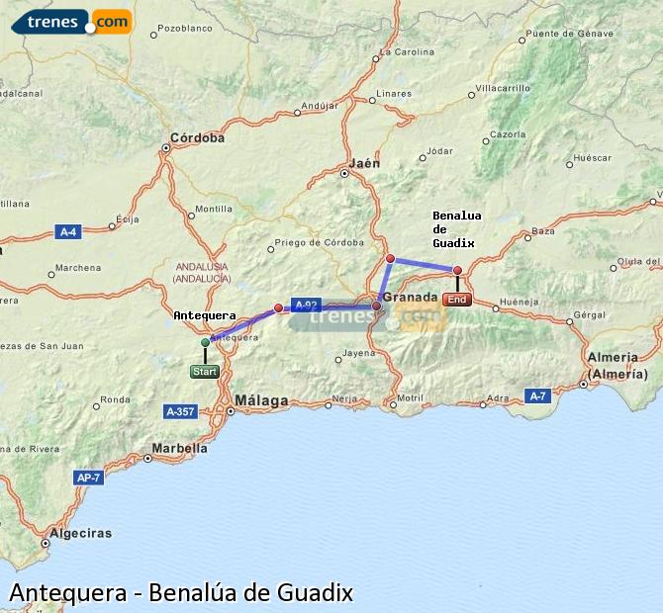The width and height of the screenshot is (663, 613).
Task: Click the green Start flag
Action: [204, 372]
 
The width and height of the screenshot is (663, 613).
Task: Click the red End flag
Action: [457, 300]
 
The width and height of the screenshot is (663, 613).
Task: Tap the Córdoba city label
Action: [197, 137]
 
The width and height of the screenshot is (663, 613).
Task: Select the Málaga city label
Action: [261, 400]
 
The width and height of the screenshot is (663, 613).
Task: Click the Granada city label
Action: [410, 297]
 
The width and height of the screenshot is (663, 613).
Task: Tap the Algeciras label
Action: [80, 533]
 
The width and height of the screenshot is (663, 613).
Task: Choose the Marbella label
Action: [179, 447]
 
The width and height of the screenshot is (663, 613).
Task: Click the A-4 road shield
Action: [67, 232]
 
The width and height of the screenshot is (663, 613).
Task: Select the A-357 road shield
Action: [180, 410]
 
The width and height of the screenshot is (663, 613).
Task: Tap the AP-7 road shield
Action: [87, 478]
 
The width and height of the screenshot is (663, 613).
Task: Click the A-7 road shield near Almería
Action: [536, 395]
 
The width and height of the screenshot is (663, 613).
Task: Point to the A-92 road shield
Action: [304, 306]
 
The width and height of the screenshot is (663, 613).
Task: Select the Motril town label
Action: [409, 398]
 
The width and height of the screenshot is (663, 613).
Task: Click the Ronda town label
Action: [115, 399]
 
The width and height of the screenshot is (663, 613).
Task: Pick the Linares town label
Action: [394, 94]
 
